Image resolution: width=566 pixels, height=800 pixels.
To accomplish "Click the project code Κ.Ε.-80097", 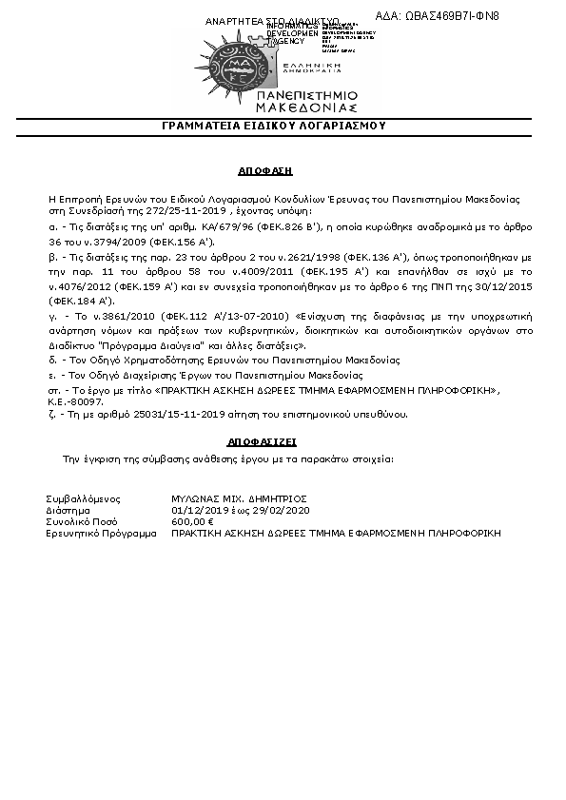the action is click(74, 402).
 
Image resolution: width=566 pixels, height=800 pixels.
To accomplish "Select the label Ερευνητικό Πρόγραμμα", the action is click(101, 534).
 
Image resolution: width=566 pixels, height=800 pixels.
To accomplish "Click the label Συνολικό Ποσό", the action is click(81, 522).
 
